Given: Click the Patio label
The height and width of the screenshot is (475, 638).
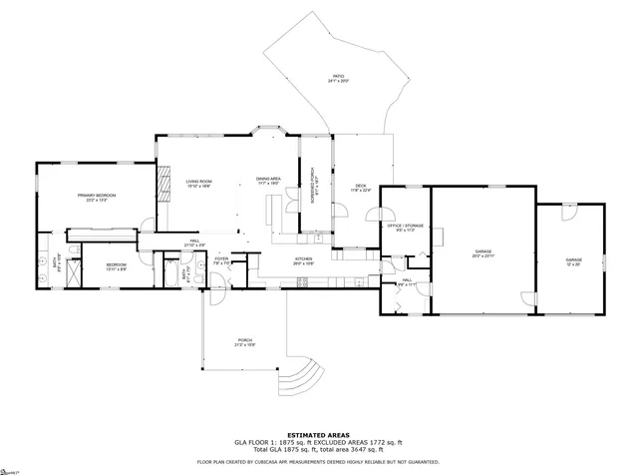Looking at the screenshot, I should tap(339, 78).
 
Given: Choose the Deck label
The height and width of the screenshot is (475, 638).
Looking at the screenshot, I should tap(361, 187).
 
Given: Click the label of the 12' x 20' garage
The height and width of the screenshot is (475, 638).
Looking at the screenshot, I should tap(574, 260).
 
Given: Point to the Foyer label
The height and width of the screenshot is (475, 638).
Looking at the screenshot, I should tap(221, 259).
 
